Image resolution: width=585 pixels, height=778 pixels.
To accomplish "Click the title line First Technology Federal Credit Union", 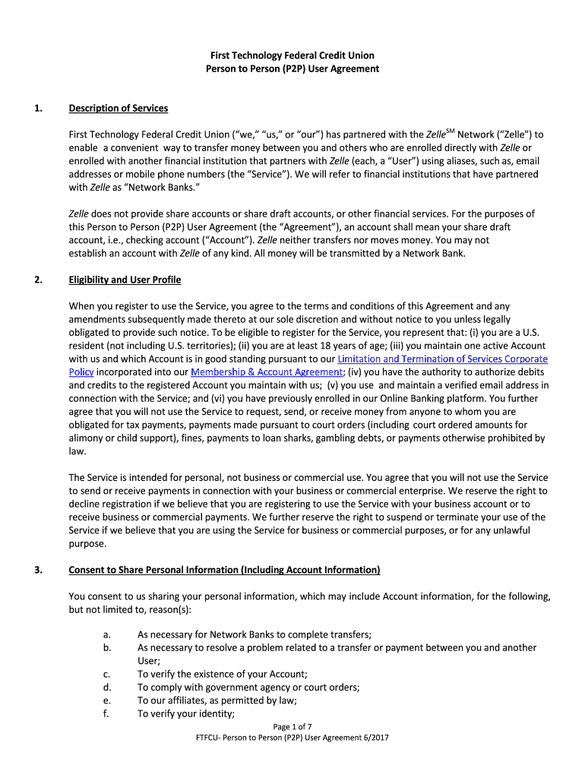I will click(x=292, y=55).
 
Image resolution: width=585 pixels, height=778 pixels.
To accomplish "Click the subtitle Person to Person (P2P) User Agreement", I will click(x=292, y=68).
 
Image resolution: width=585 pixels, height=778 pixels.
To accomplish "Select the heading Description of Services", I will click(x=118, y=108).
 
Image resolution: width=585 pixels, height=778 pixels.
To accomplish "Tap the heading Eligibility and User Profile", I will click(x=125, y=280).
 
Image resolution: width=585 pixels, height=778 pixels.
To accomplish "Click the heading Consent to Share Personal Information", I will click(x=224, y=570).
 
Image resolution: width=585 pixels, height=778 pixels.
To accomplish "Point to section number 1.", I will click(x=37, y=108).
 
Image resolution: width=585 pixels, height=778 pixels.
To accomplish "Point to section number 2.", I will click(x=37, y=280).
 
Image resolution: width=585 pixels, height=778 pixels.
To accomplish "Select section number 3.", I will click(x=37, y=570).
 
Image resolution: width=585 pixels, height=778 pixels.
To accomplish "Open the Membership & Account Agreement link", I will click(x=267, y=372).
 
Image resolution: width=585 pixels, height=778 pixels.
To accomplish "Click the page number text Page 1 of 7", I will click(x=292, y=726).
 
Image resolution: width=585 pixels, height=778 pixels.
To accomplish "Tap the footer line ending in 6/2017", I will click(x=292, y=738).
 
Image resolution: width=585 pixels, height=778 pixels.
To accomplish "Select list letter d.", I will click(x=106, y=687).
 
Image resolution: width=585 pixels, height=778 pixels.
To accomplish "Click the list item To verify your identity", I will click(x=185, y=713).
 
